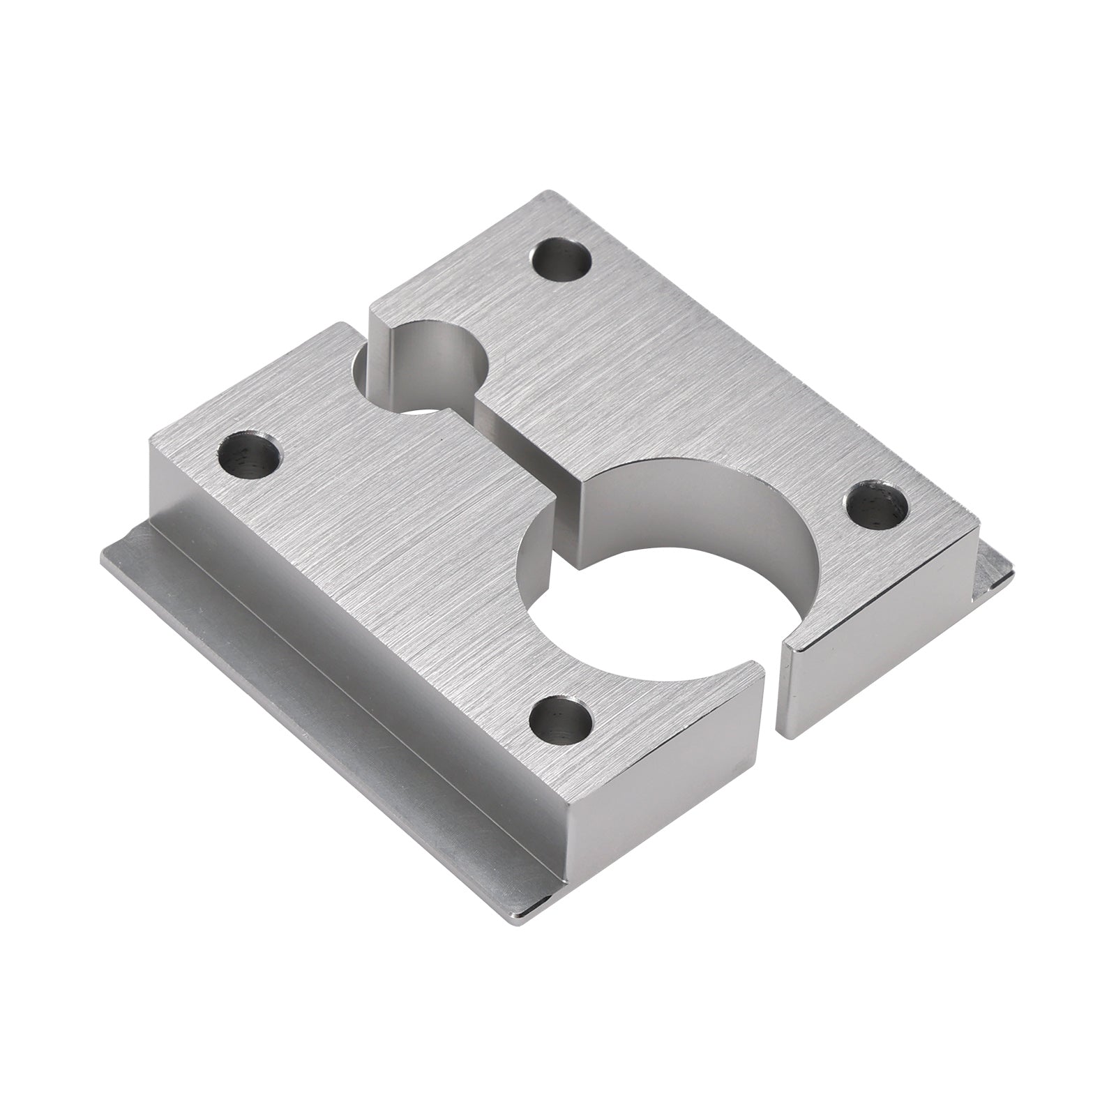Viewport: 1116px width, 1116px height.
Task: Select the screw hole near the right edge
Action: point(877,505)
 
